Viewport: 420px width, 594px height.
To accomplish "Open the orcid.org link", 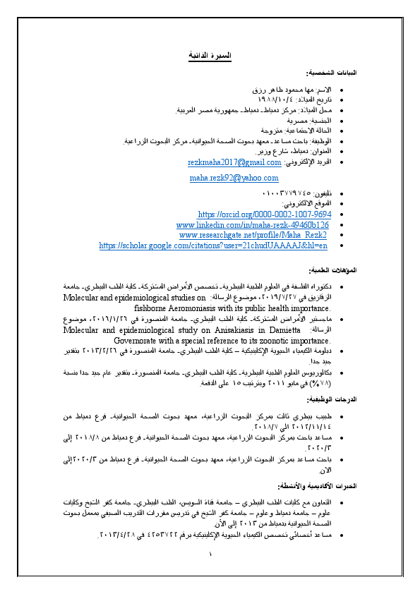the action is coord(265,214).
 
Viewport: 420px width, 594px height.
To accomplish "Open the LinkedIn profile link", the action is coord(253,224).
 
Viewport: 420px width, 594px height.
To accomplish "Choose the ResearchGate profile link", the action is coord(253,234).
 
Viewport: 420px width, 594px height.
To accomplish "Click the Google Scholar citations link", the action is coord(213,245).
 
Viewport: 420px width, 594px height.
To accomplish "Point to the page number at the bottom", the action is coord(210,554).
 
